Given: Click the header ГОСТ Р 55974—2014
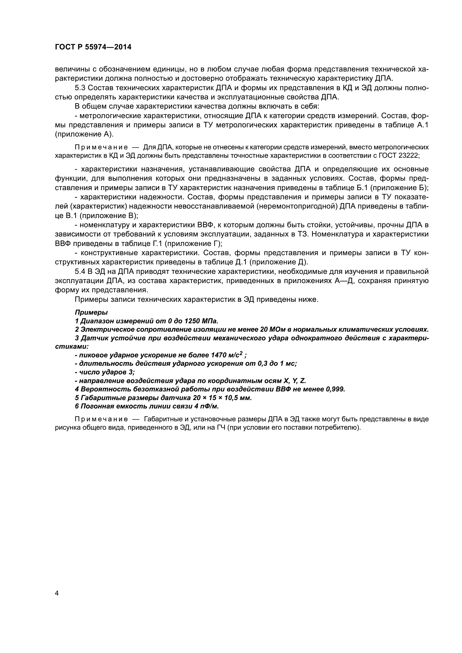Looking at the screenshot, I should click(x=93, y=47).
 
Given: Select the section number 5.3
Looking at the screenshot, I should click(x=80, y=88).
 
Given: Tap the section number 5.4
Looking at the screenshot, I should click(x=80, y=272).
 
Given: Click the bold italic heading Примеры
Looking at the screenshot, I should click(x=91, y=312).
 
